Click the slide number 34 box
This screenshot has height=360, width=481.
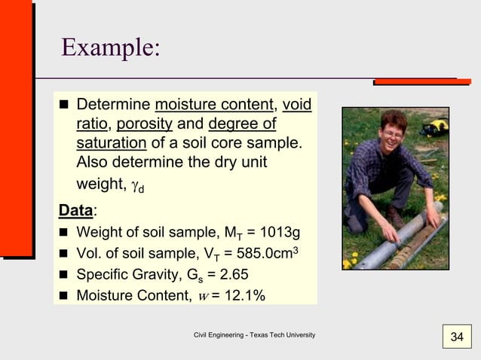coord(456,336)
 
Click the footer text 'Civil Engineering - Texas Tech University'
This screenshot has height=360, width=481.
coord(254,334)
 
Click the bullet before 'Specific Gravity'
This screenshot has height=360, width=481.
coord(64,273)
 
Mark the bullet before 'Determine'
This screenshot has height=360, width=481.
coord(64,104)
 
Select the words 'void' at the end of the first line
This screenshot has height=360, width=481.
coord(296,104)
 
